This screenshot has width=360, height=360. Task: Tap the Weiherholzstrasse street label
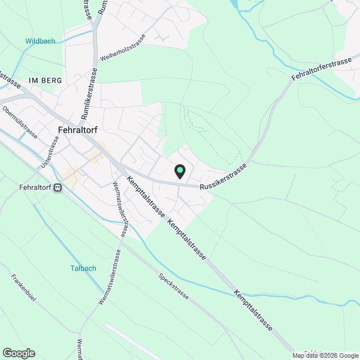pos(123,48)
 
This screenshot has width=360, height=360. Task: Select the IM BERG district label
pos(42,81)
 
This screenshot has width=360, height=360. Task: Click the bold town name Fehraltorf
pos(78,129)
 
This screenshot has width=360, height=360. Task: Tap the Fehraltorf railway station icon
pos(57,189)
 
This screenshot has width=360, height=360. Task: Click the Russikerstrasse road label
pos(224,177)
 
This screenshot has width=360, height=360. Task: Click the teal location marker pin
pos(179,170)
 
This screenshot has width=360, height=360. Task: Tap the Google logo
pos(19,353)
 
